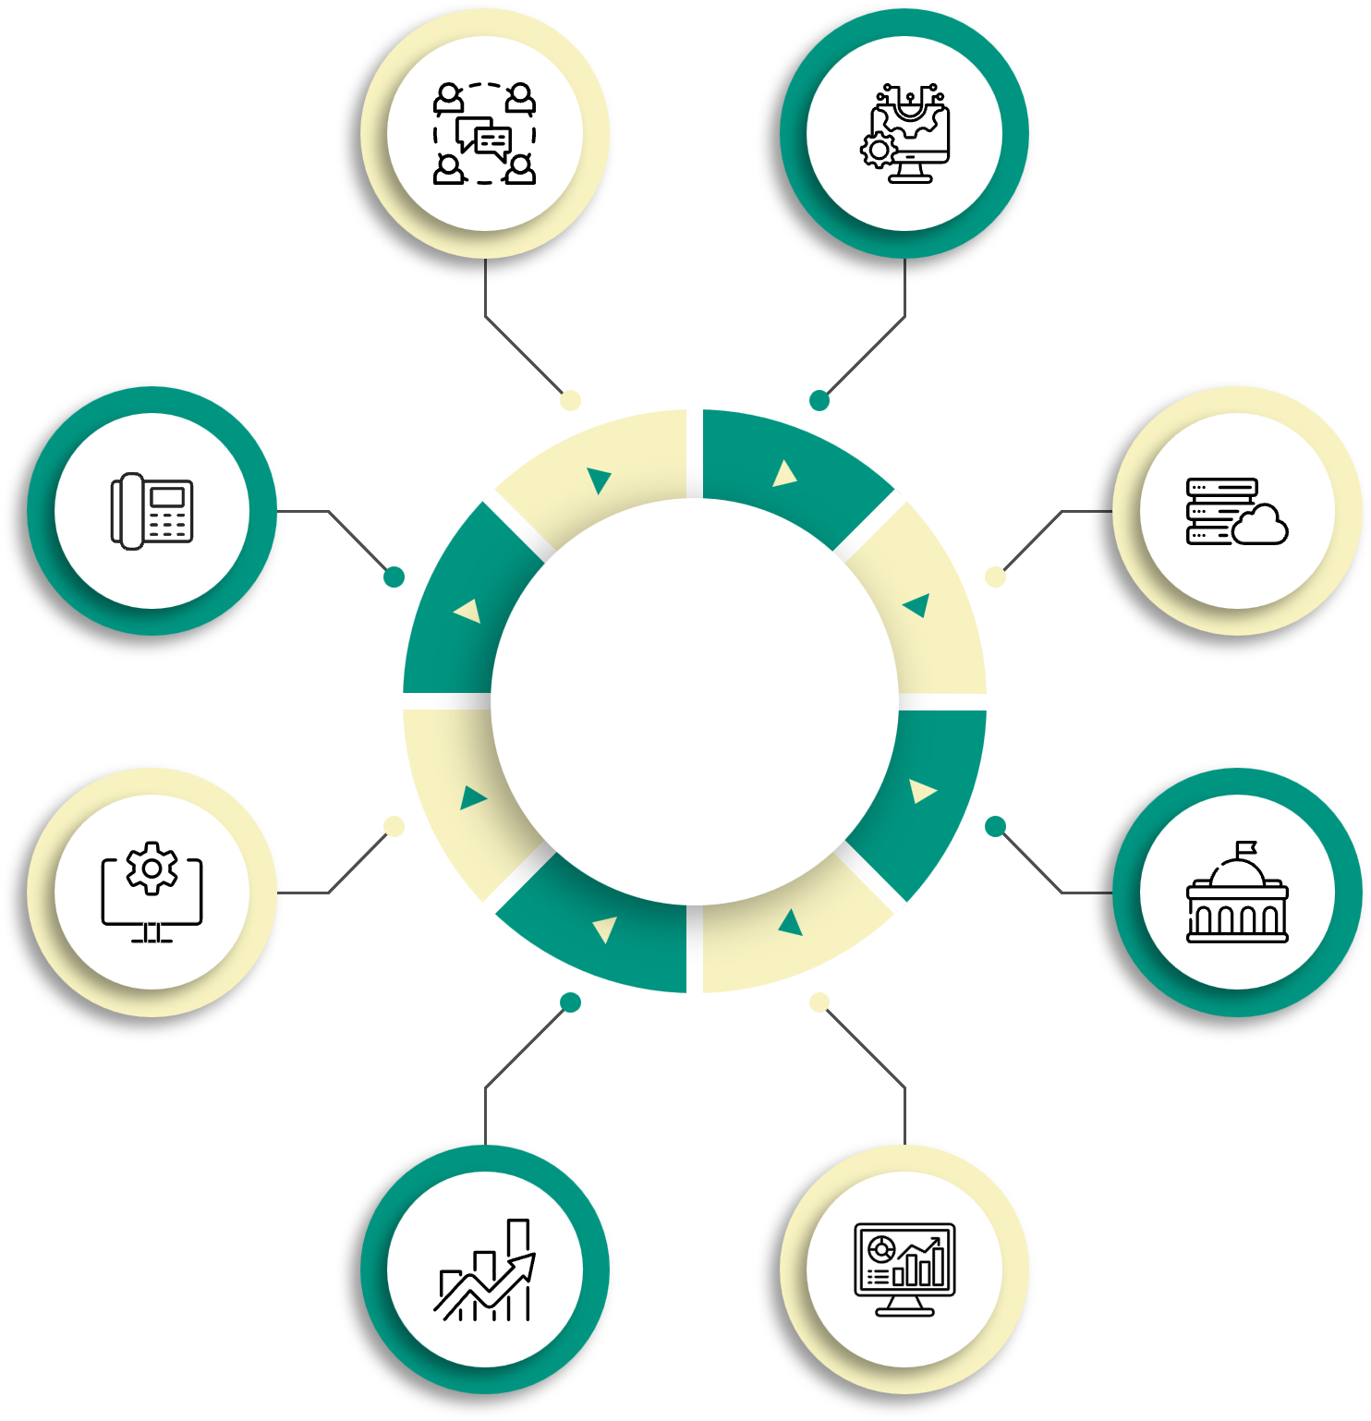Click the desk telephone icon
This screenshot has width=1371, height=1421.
(152, 510)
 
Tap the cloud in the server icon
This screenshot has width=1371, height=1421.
(1260, 527)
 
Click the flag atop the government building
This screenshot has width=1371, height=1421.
(1247, 847)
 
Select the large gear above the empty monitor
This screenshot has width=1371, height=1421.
(152, 868)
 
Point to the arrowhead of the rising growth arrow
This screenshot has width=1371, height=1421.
(525, 1264)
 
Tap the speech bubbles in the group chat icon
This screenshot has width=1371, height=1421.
(485, 138)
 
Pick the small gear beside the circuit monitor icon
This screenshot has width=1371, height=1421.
(879, 149)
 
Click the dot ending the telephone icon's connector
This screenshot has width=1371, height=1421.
(394, 577)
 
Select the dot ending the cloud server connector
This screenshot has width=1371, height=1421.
(995, 577)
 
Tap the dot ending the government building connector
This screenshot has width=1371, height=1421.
(995, 826)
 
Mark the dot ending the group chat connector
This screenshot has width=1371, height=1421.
(571, 400)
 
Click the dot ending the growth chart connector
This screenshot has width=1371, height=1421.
(571, 1002)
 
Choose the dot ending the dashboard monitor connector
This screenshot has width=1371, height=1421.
(819, 1002)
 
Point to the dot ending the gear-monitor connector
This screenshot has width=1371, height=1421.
(394, 826)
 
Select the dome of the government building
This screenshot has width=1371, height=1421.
(1237, 872)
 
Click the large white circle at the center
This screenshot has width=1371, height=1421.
(695, 701)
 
